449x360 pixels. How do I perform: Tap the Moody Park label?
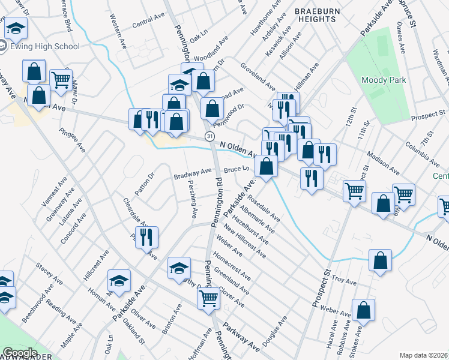[384, 80]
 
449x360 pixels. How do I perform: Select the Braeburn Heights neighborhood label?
[315, 15]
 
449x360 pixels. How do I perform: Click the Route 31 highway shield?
[209, 137]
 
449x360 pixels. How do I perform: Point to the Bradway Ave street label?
[193, 173]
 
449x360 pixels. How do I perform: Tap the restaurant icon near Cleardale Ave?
[146, 238]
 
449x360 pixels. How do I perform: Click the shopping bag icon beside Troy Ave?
[380, 262]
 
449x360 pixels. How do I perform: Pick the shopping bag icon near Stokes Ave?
[364, 311]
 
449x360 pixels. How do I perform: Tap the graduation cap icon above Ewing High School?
[16, 28]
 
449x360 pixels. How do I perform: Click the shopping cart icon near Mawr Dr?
[61, 79]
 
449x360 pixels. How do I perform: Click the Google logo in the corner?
[20, 353]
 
